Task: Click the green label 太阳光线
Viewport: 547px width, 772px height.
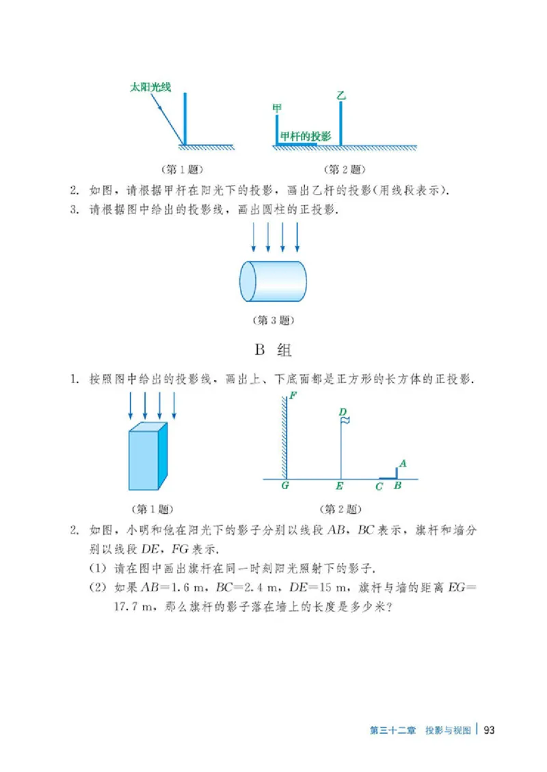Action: tap(150, 87)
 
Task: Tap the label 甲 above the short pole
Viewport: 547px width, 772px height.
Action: tap(277, 109)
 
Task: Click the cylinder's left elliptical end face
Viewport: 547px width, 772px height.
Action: tap(248, 281)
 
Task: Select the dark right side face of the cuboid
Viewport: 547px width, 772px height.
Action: tap(163, 456)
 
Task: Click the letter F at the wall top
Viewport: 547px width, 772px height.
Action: tap(293, 396)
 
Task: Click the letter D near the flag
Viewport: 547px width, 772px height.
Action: tap(343, 412)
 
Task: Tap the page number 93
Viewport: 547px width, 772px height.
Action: tap(488, 730)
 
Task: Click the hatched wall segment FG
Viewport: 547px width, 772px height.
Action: tap(283, 437)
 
